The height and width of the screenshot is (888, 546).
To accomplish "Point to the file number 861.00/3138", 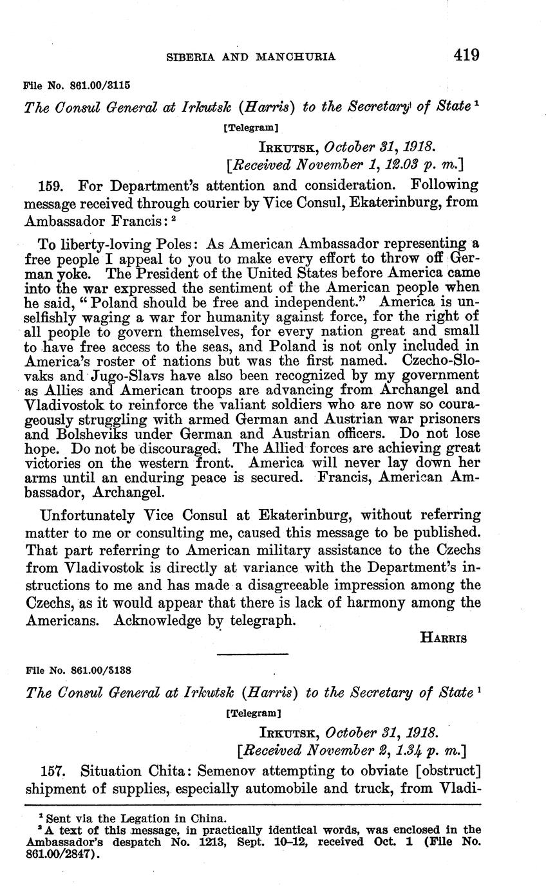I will (100, 669).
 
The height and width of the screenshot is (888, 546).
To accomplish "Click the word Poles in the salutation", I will (169, 245).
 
